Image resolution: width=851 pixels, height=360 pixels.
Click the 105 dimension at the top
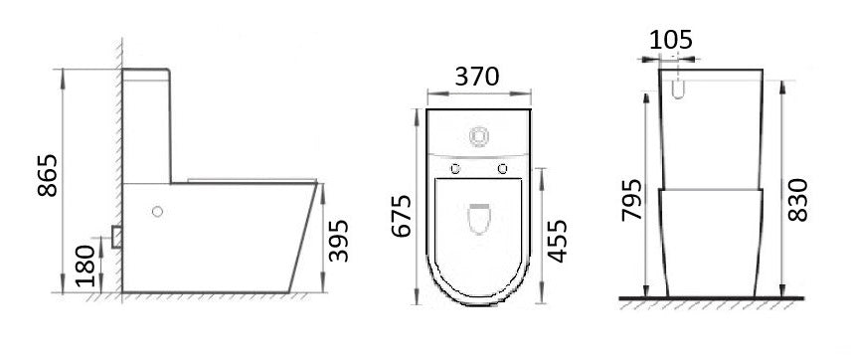pos(671,40)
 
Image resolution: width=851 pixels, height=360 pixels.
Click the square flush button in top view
pos(479,133)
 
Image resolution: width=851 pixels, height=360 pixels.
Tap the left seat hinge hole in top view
pos(456,166)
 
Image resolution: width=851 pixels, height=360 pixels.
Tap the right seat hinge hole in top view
pos(503,166)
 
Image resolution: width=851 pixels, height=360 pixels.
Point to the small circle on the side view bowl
pos(156,211)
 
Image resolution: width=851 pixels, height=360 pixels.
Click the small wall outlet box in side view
pos(116,237)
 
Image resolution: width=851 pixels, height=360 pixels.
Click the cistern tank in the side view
pos(147,124)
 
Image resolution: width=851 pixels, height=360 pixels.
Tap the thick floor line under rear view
pos(711,298)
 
